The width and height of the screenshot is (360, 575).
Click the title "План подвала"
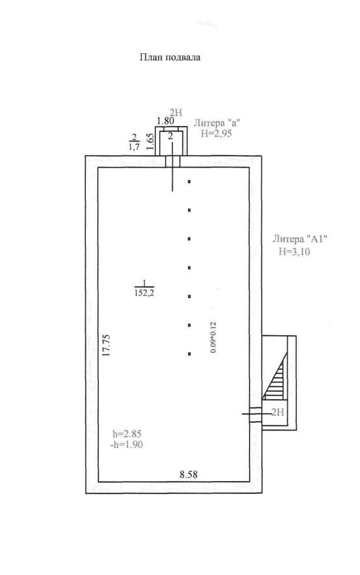[170, 57]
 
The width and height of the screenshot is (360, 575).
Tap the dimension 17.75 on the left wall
[107, 345]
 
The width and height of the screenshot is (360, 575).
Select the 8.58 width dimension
[188, 475]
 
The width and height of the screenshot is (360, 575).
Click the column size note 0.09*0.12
[213, 337]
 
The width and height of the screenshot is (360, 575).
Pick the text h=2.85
[127, 434]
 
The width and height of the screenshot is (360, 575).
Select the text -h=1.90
[126, 445]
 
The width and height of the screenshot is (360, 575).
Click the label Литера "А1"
[300, 239]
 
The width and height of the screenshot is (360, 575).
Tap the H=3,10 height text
[294, 252]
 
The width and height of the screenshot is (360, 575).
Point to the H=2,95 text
[216, 133]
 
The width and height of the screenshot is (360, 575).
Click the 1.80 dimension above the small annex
[165, 121]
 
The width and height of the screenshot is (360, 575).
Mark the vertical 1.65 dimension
[149, 141]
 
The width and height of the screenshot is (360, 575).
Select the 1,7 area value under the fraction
[134, 147]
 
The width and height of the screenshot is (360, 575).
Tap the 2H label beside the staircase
[278, 412]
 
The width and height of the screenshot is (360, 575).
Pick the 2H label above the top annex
[175, 113]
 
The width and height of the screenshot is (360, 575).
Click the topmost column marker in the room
[189, 181]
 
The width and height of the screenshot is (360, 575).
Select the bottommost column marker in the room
[189, 354]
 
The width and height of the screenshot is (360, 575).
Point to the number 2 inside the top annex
[171, 137]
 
